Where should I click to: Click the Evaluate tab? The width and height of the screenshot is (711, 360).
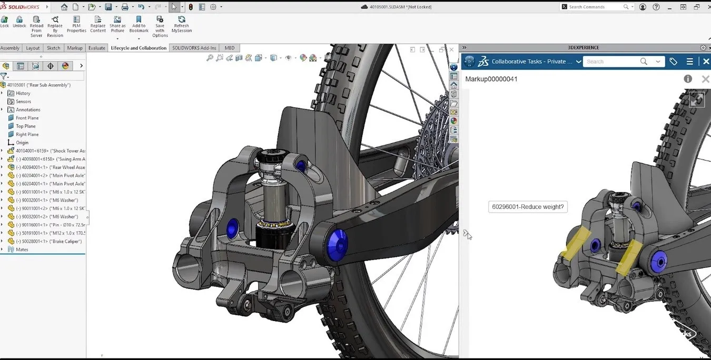96,48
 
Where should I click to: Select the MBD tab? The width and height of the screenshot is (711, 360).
229,48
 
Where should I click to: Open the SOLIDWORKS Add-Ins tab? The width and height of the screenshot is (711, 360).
194,48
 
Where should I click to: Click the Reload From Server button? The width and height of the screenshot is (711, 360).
36,26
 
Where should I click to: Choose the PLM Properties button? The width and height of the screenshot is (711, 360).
76,24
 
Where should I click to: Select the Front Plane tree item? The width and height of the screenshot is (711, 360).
27,118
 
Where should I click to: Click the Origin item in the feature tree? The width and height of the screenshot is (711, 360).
22,143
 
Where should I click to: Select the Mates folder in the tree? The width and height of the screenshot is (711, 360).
22,249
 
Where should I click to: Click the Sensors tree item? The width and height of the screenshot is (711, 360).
23,102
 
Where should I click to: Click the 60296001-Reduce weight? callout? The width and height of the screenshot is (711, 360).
528,207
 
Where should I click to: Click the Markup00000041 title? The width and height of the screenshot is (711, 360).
491,79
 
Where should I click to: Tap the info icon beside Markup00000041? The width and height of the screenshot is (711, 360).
688,79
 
